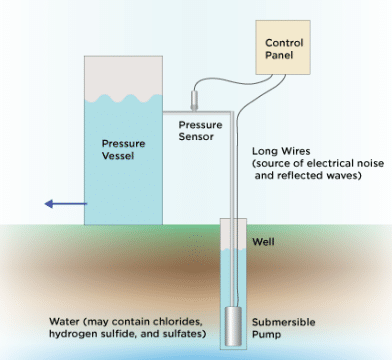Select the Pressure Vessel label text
click(x=123, y=149)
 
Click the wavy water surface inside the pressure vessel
click(x=123, y=100)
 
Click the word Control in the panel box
click(x=284, y=43)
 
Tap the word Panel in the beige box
click(x=284, y=58)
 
